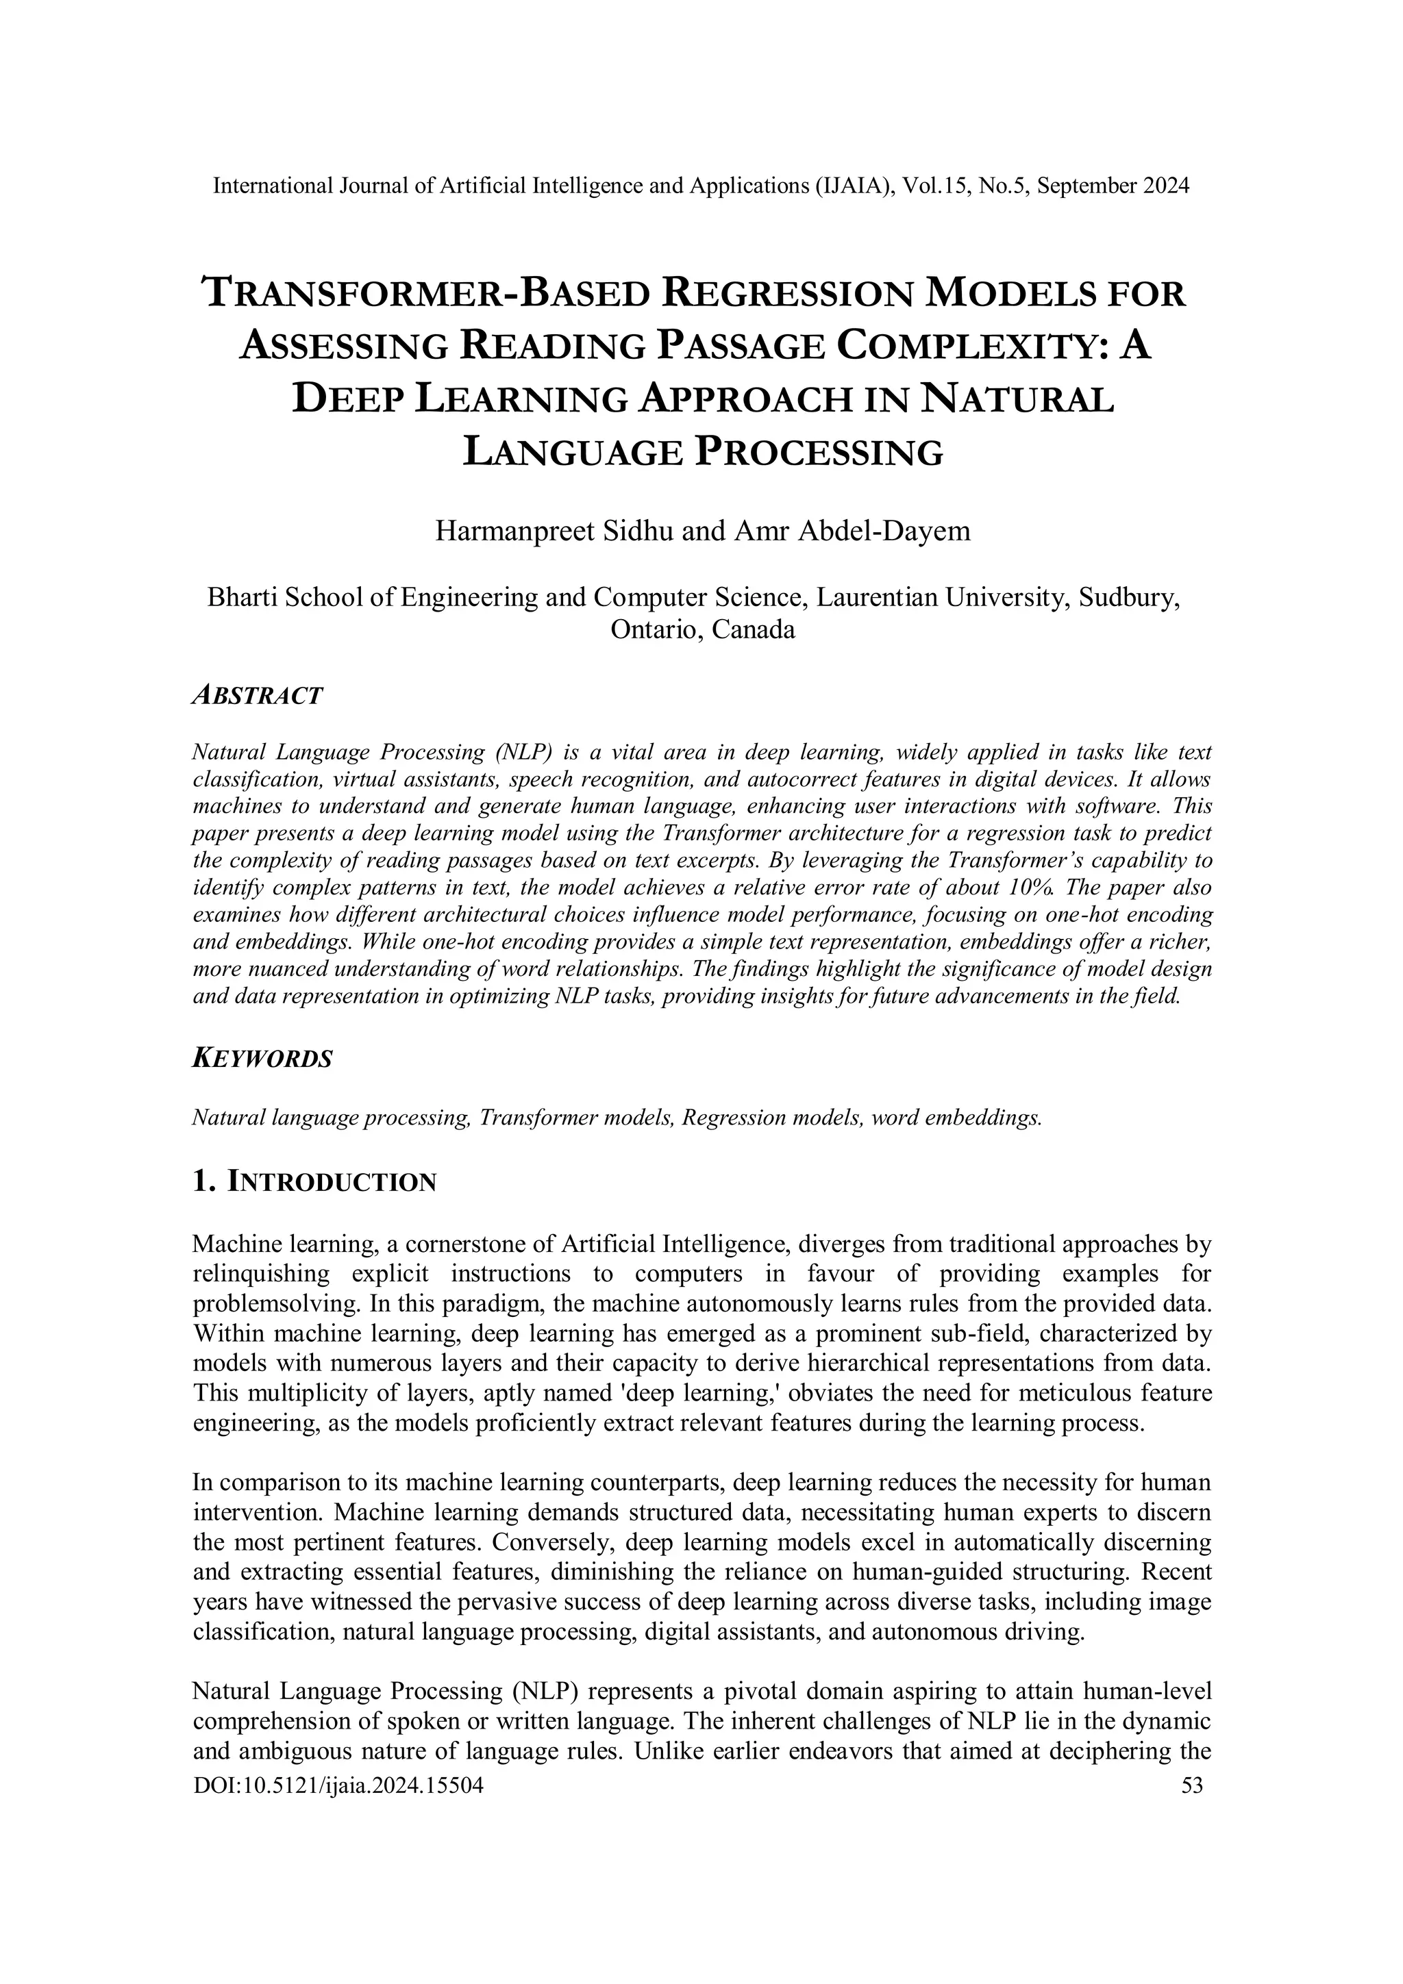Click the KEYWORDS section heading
[261, 1059]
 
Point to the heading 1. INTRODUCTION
[314, 1181]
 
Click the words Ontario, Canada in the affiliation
[702, 629]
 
